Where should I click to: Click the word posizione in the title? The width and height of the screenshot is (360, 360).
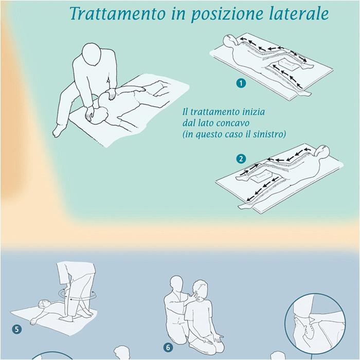point(227,14)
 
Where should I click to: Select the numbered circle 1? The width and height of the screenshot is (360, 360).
point(241,83)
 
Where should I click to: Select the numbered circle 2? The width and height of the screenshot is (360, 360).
point(241,159)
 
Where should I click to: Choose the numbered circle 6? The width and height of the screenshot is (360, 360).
point(168,347)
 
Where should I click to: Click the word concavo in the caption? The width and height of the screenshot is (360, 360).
point(232,123)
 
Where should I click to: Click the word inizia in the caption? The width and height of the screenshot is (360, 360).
point(254,112)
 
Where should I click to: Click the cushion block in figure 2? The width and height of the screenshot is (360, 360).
point(263,177)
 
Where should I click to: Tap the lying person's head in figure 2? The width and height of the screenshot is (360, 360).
point(322,151)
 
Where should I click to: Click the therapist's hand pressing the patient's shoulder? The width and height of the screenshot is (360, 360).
point(112,94)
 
